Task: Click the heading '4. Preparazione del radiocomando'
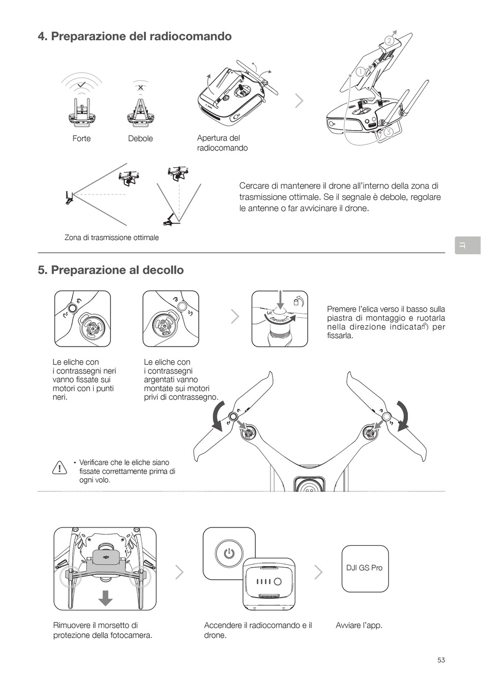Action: (135, 37)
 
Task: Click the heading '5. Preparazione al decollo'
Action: (111, 270)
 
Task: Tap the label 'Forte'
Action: (81, 139)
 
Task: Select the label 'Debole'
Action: (140, 139)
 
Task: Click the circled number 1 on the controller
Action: (360, 72)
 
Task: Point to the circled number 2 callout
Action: (389, 41)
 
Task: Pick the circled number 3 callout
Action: (388, 132)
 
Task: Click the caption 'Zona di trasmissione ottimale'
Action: (112, 237)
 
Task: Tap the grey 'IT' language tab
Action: (467, 245)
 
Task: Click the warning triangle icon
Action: (59, 468)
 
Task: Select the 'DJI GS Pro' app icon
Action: (365, 568)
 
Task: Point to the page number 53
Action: (441, 660)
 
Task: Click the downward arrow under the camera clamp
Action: (105, 597)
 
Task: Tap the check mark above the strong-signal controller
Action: (81, 84)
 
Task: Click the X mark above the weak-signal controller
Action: (140, 87)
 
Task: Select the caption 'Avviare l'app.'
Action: (359, 625)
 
